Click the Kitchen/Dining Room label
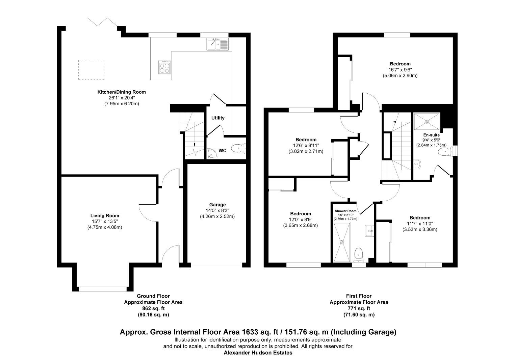pyautogui.click(x=122, y=92)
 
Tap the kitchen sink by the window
pyautogui.click(x=217, y=44)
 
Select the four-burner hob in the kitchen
pyautogui.click(x=164, y=67)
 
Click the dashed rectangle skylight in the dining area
pyautogui.click(x=92, y=70)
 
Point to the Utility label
pyautogui.click(x=218, y=118)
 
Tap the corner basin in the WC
pyautogui.click(x=211, y=154)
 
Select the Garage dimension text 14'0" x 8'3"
pyautogui.click(x=217, y=211)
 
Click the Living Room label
pyautogui.click(x=105, y=216)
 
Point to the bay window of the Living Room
pyautogui.click(x=103, y=288)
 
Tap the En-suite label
pyautogui.click(x=431, y=135)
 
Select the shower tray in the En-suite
pyautogui.click(x=427, y=121)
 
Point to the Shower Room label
pyautogui.click(x=345, y=211)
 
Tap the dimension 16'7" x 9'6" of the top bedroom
pyautogui.click(x=400, y=70)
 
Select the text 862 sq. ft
pyautogui.click(x=153, y=308)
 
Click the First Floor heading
pyautogui.click(x=359, y=296)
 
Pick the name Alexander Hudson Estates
pyautogui.click(x=258, y=353)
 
